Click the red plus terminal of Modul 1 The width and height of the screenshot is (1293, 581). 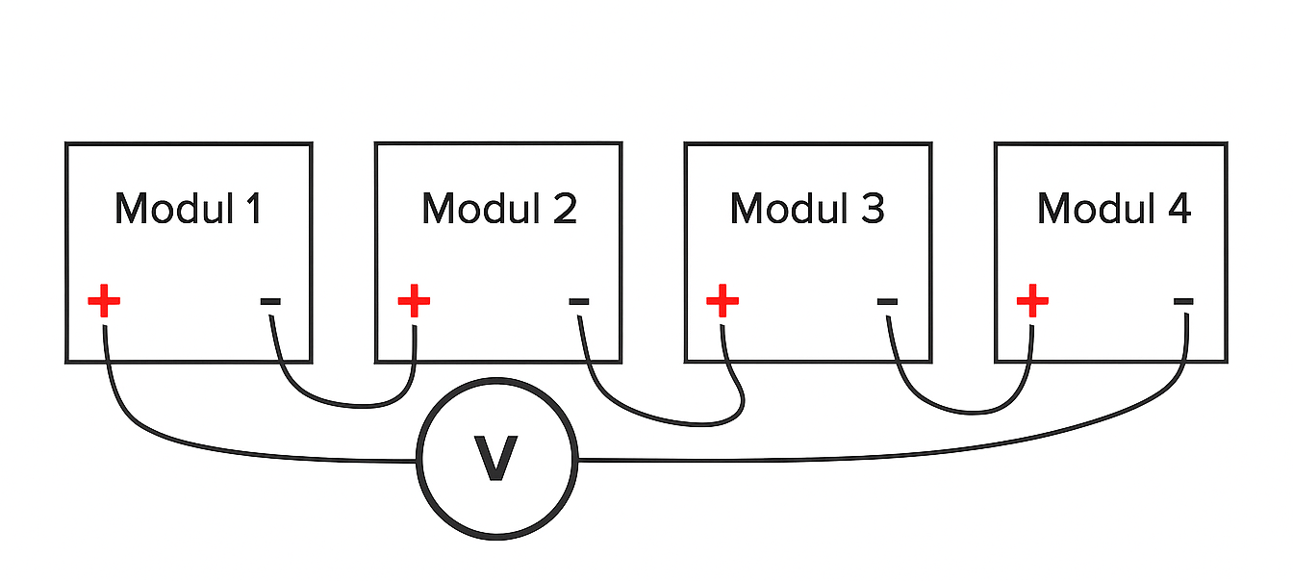pyautogui.click(x=104, y=301)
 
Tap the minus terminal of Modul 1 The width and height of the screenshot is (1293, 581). pyautogui.click(x=270, y=302)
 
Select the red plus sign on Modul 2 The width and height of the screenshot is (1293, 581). pyautogui.click(x=414, y=301)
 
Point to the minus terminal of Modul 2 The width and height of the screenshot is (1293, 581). pyautogui.click(x=578, y=302)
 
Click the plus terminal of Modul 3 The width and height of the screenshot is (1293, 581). pyautogui.click(x=723, y=301)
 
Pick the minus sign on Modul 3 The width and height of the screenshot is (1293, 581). pyautogui.click(x=887, y=302)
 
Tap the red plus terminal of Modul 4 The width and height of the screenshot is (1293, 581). pyautogui.click(x=1032, y=301)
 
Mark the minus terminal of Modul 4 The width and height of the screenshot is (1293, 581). pyautogui.click(x=1183, y=302)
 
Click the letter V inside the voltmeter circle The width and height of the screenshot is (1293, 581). pyautogui.click(x=496, y=459)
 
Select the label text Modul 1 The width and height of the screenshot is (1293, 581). pyautogui.click(x=188, y=209)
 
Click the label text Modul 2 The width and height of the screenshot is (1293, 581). pyautogui.click(x=498, y=209)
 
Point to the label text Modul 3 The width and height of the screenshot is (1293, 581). pyautogui.click(x=806, y=209)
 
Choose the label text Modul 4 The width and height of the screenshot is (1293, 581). pyautogui.click(x=1114, y=209)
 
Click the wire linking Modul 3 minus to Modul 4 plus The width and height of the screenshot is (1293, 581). pyautogui.click(x=962, y=412)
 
